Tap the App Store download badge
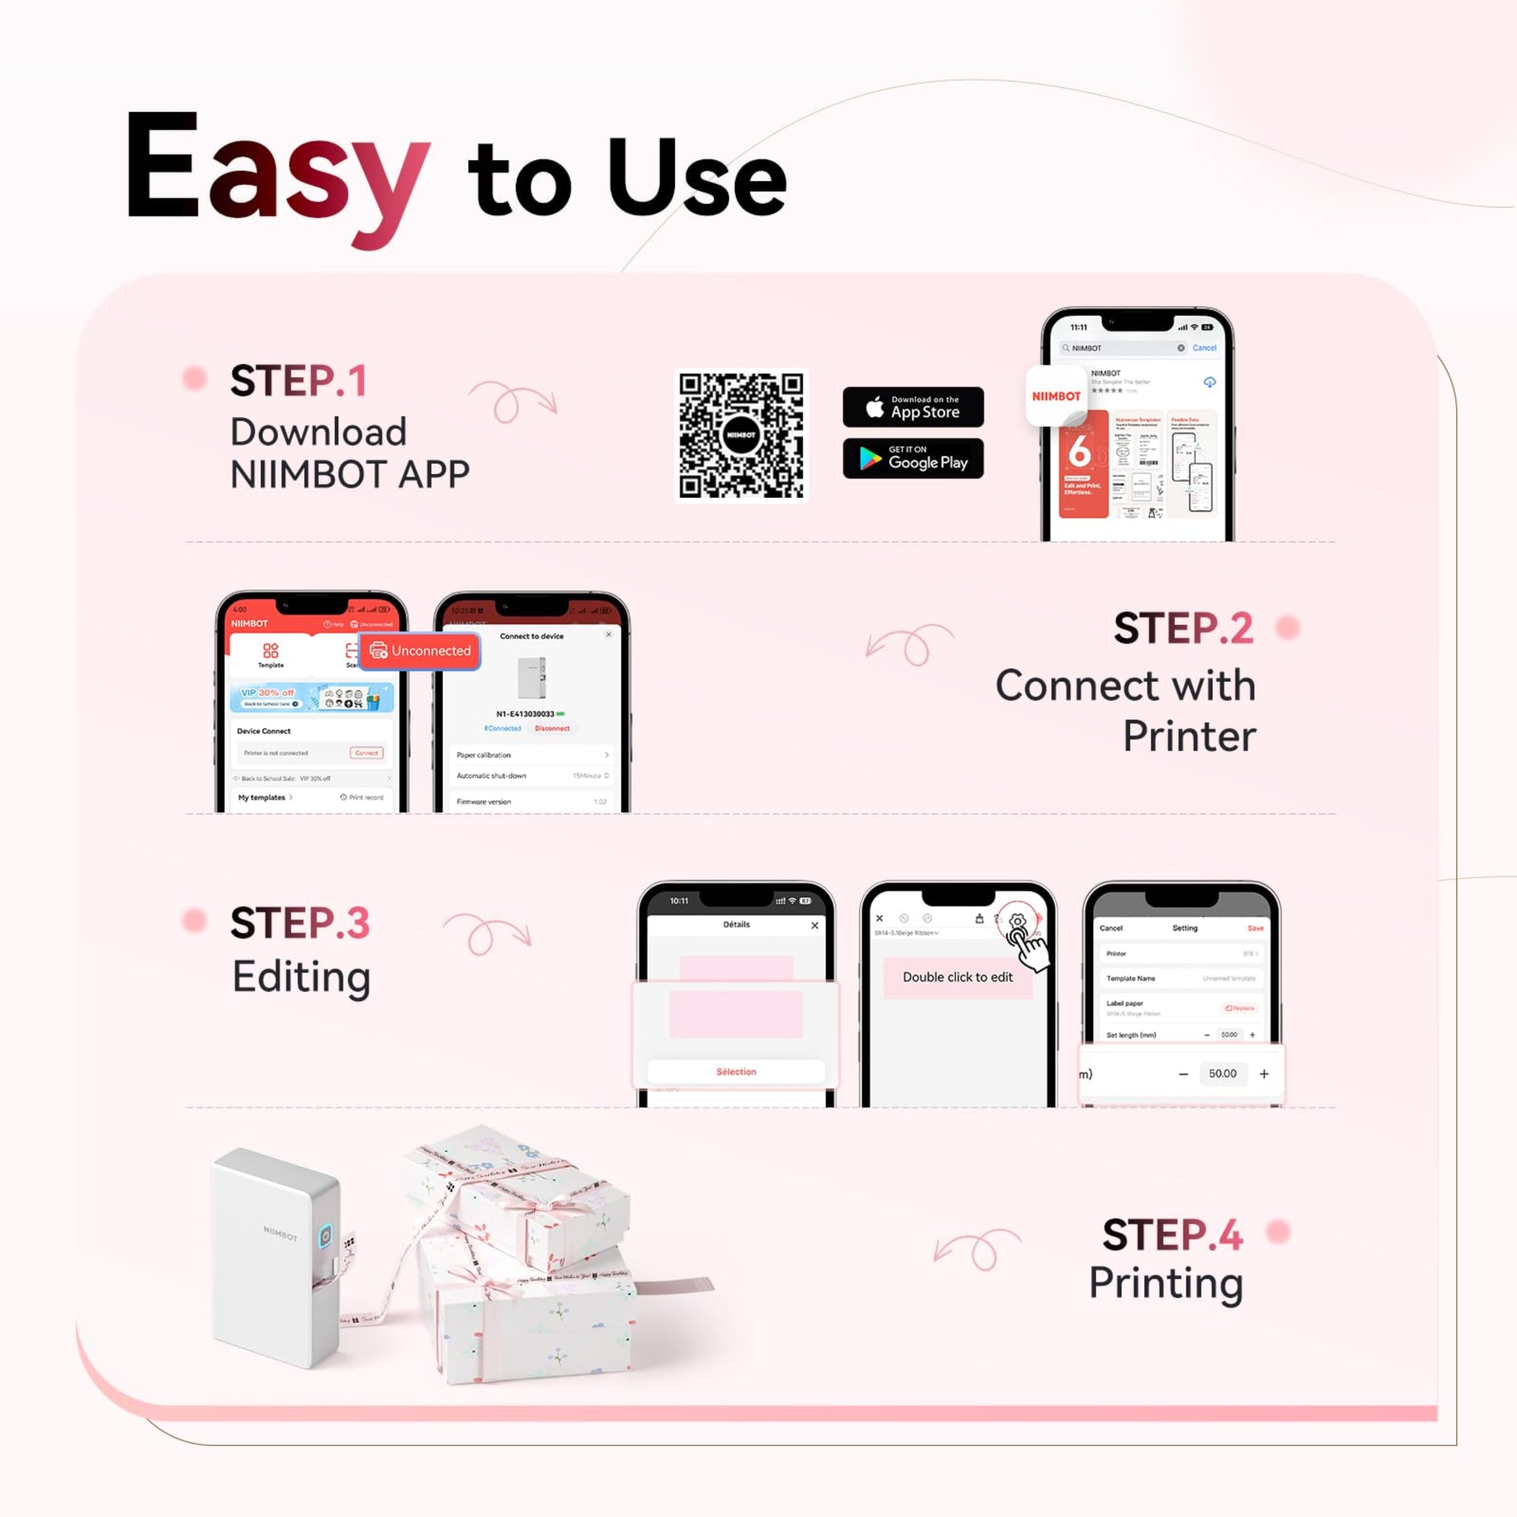(912, 406)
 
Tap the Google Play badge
(912, 458)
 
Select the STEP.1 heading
(298, 382)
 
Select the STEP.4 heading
(1173, 1235)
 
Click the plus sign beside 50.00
(1264, 1074)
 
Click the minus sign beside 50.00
(1183, 1074)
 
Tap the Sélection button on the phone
(736, 1072)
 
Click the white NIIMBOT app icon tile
(1056, 396)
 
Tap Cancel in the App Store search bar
(1203, 348)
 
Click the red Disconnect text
(552, 729)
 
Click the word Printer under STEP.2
(1189, 736)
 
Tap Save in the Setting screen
(1255, 928)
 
